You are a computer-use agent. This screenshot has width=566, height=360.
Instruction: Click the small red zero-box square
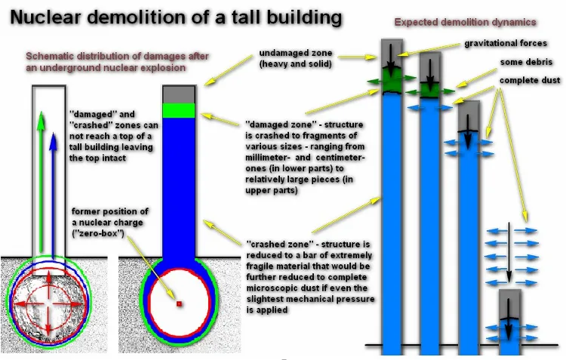pos(179,304)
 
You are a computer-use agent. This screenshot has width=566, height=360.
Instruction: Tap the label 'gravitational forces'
pos(506,43)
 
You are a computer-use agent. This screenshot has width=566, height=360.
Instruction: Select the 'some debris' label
pos(526,62)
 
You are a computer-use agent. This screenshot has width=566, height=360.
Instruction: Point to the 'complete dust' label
pos(530,81)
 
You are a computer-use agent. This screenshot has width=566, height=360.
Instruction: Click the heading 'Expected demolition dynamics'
pos(465,23)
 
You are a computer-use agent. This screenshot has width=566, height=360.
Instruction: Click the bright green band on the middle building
pos(179,110)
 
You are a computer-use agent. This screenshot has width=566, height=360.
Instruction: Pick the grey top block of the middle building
pos(179,94)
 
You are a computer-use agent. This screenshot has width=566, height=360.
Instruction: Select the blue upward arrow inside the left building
pos(54,195)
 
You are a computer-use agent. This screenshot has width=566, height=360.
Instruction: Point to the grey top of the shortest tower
pos(510,304)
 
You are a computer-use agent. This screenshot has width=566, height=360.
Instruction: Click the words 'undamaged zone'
pos(296,53)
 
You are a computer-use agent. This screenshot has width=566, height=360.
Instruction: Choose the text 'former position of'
pos(109,211)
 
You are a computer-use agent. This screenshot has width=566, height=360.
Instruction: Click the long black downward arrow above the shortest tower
pos(509,252)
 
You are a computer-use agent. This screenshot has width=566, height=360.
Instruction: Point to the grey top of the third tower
pos(469,116)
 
